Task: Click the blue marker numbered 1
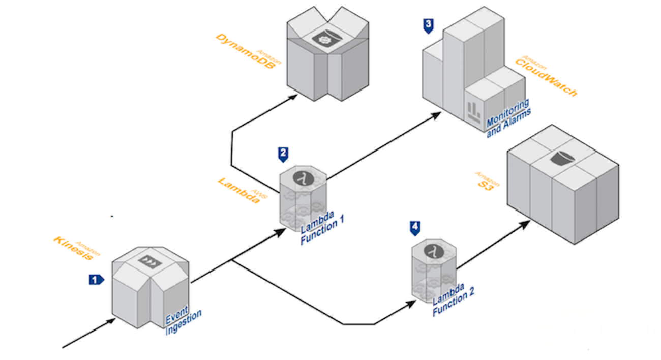point(96,279)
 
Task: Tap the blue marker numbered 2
point(282,154)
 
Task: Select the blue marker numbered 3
point(428,25)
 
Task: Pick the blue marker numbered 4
point(415,227)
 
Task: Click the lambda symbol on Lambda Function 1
point(299,178)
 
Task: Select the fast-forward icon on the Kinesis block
point(151,262)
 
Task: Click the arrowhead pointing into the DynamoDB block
point(294,97)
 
